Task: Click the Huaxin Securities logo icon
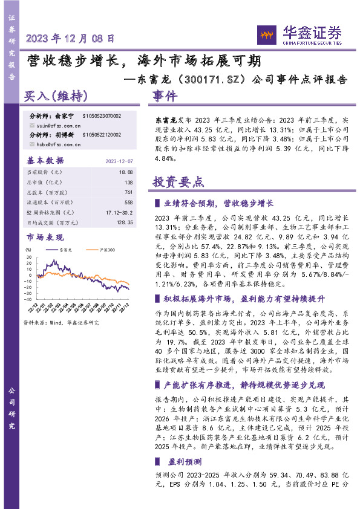(264, 32)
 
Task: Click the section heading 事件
(164, 97)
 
